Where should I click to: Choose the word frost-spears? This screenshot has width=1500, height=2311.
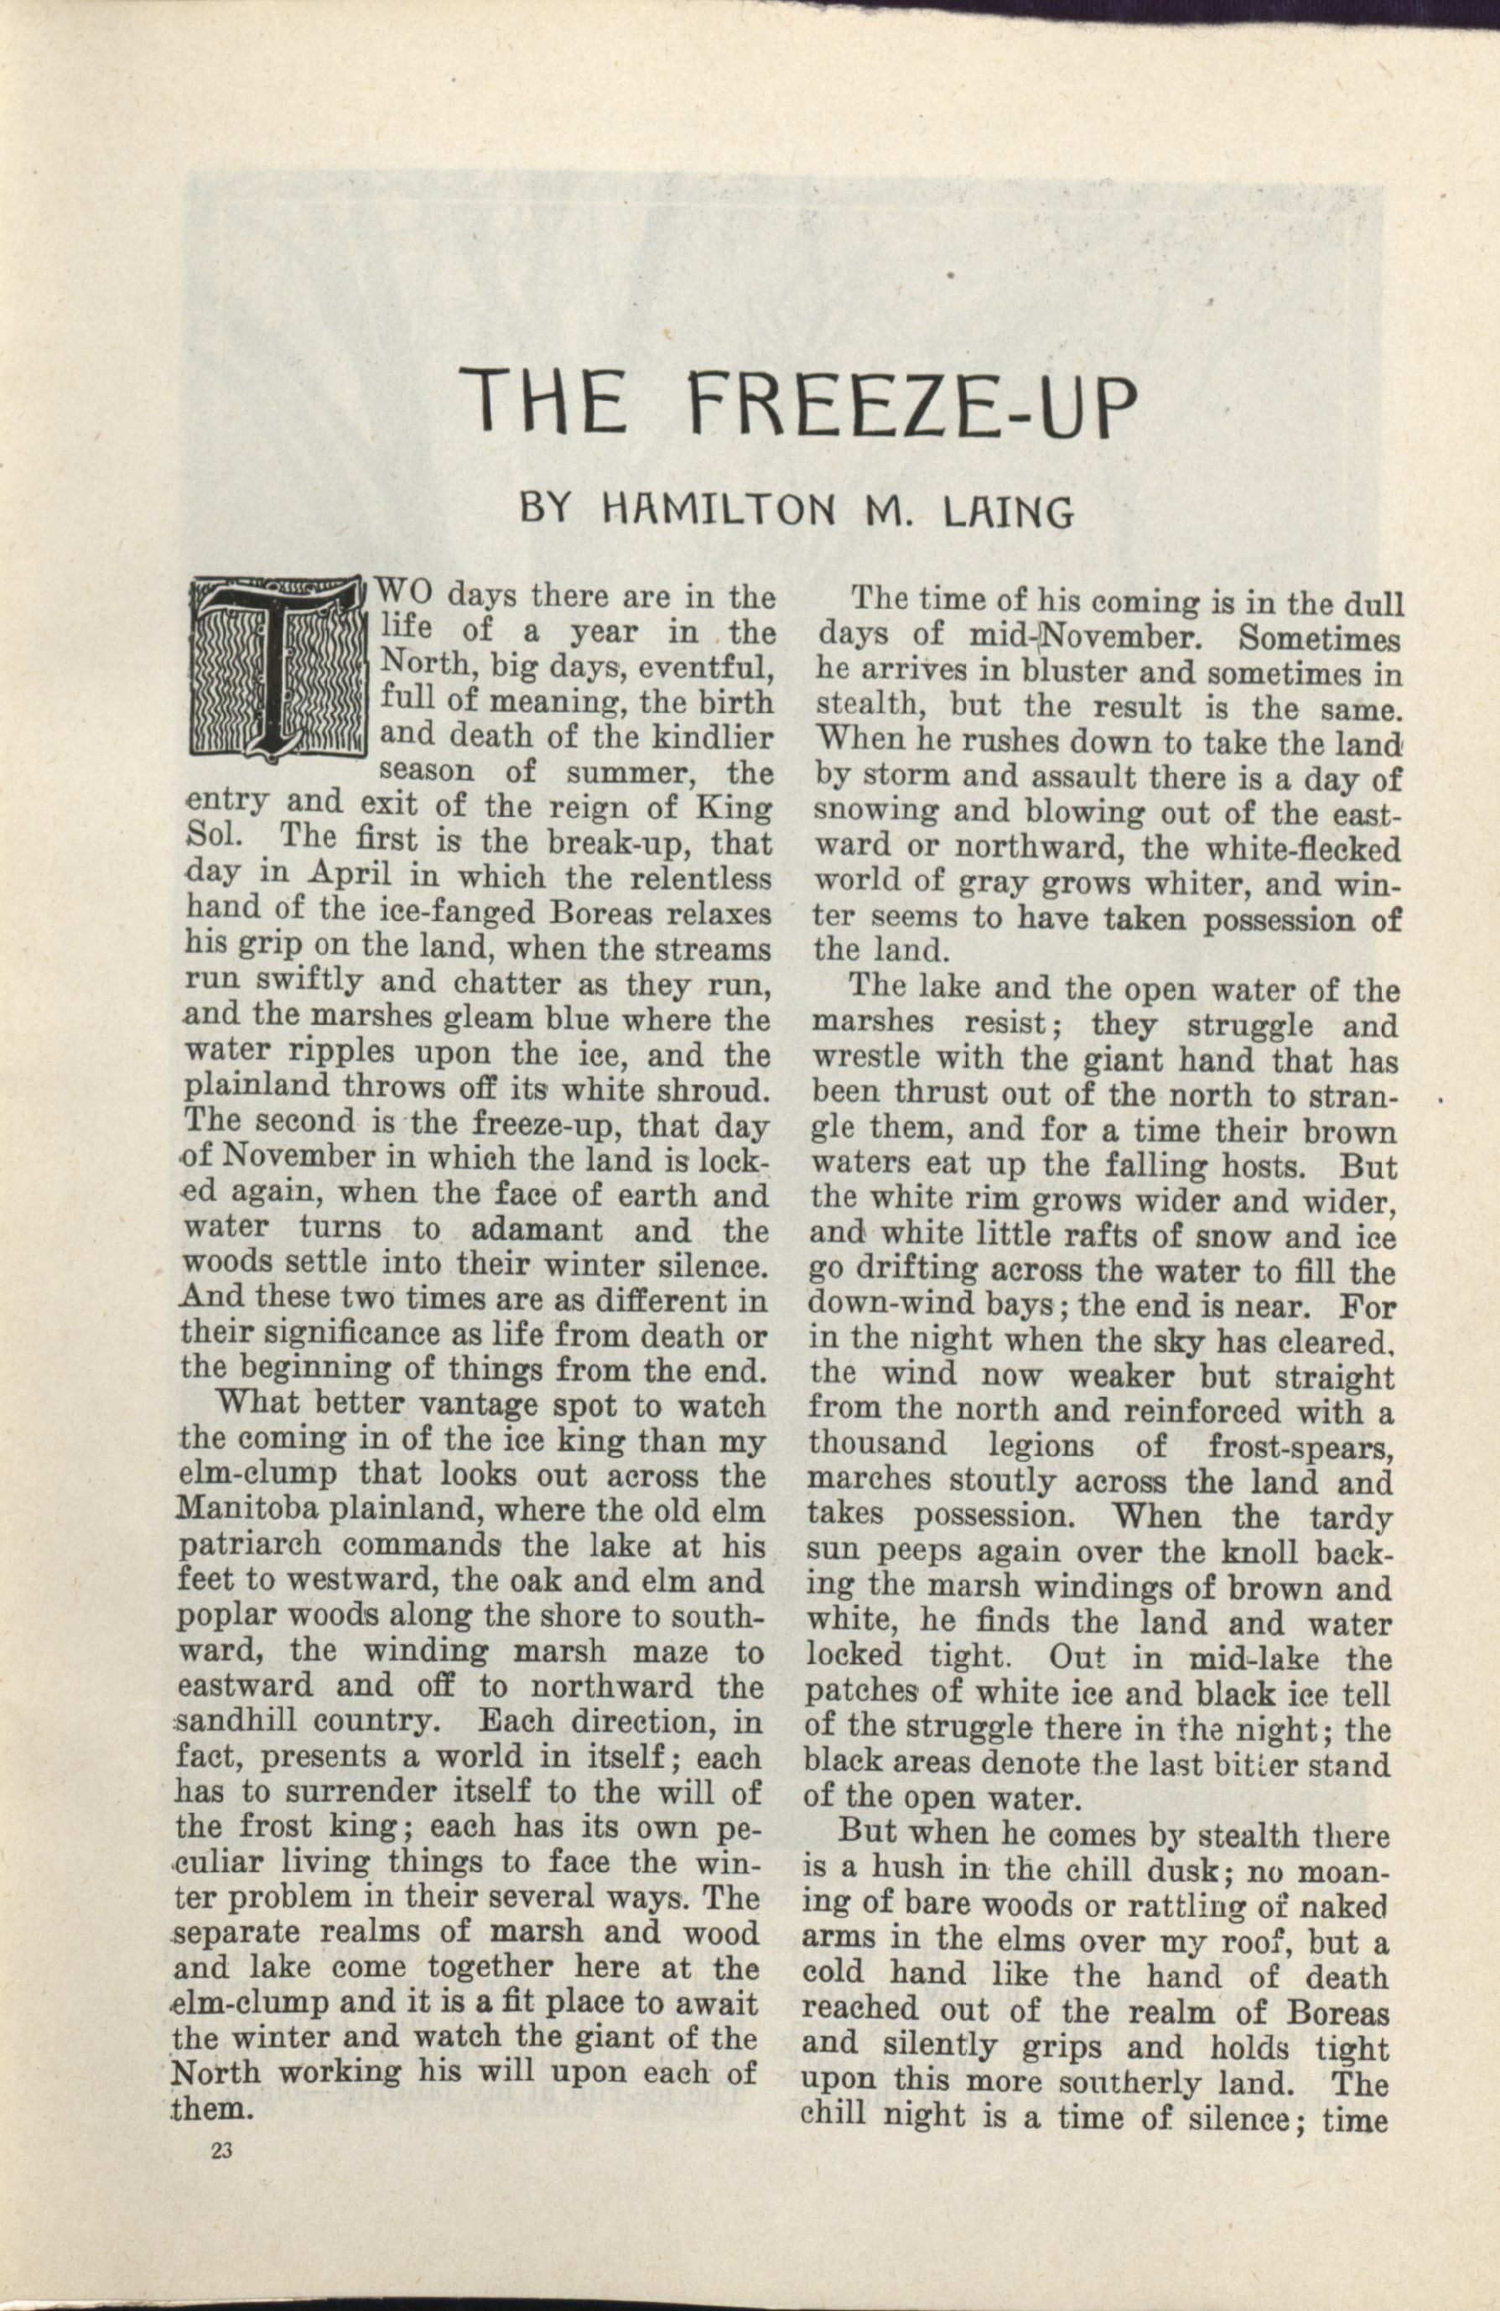[x=1300, y=1447]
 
